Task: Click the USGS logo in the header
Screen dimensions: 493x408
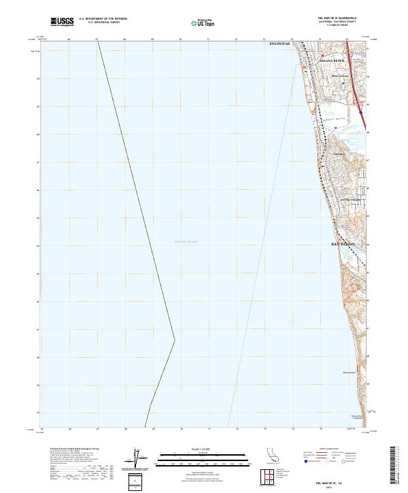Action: coord(62,22)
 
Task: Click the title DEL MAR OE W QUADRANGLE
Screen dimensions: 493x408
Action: coord(337,18)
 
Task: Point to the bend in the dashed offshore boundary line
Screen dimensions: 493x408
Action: coord(175,340)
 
